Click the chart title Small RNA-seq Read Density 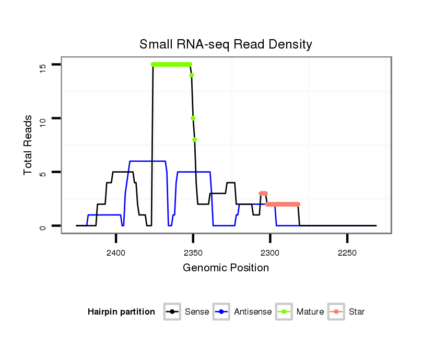coord(226,44)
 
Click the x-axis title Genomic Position coord(226,268)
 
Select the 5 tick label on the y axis coord(43,172)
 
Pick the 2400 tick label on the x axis coord(116,253)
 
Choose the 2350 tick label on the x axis coord(193,253)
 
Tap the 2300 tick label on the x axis coord(270,253)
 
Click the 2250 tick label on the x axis coord(347,253)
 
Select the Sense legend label coord(197,312)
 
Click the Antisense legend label coord(253,312)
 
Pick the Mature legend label coord(310,312)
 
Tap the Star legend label coord(357,312)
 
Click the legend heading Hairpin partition coord(121,312)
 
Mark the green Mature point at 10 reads coord(193,118)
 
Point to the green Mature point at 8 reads coord(195,139)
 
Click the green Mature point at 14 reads coord(192,75)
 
